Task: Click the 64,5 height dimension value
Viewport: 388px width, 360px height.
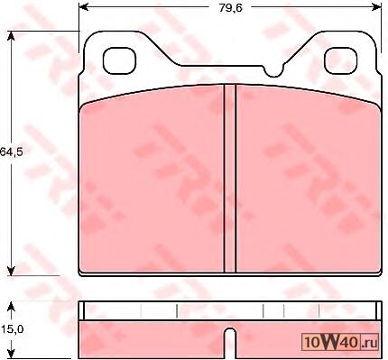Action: point(12,152)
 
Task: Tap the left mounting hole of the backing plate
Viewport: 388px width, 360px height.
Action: point(119,61)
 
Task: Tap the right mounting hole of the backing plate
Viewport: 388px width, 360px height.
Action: point(340,61)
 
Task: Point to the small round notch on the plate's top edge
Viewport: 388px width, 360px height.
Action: point(273,71)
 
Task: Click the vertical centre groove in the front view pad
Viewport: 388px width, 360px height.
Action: point(230,179)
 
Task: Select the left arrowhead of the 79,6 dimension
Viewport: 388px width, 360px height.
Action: point(84,6)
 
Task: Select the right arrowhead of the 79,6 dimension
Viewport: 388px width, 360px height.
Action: point(376,6)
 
